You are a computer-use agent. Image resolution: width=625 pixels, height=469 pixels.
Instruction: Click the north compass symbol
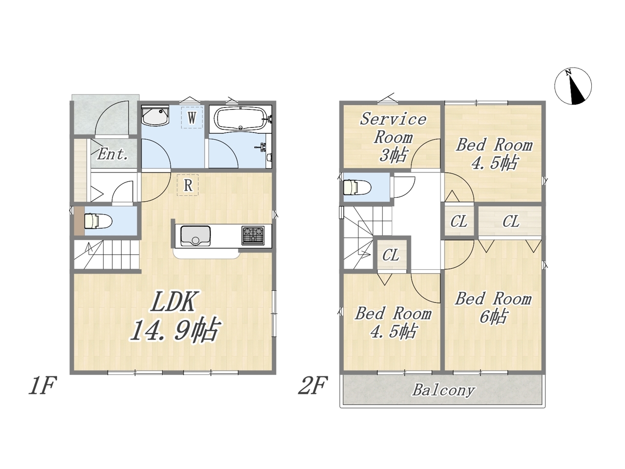click(x=573, y=85)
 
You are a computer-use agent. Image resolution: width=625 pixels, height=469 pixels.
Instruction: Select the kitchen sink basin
click(x=196, y=236)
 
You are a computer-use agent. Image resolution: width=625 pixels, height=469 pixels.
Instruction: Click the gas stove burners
click(x=253, y=235)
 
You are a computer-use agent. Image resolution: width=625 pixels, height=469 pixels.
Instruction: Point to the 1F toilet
click(x=98, y=221)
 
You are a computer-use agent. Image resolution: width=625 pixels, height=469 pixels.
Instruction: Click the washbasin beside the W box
click(x=155, y=116)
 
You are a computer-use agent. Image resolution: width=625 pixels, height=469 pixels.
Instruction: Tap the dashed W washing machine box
click(x=192, y=117)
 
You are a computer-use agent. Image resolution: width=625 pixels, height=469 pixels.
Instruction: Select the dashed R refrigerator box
click(x=187, y=185)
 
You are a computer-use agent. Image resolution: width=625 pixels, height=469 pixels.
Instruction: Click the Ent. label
click(x=112, y=154)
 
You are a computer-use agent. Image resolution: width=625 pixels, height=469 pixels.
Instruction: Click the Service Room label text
click(x=393, y=128)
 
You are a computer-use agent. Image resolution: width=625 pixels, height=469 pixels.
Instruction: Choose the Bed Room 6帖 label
click(x=493, y=308)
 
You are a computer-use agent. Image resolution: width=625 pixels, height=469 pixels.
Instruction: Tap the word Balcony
click(x=444, y=390)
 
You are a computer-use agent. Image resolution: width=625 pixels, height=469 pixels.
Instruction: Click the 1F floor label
click(x=42, y=386)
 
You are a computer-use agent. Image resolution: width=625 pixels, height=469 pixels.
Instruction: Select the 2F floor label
click(x=312, y=386)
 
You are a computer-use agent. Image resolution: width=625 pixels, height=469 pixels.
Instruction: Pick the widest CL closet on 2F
click(x=510, y=221)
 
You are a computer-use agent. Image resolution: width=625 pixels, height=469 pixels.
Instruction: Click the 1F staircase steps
click(x=107, y=255)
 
